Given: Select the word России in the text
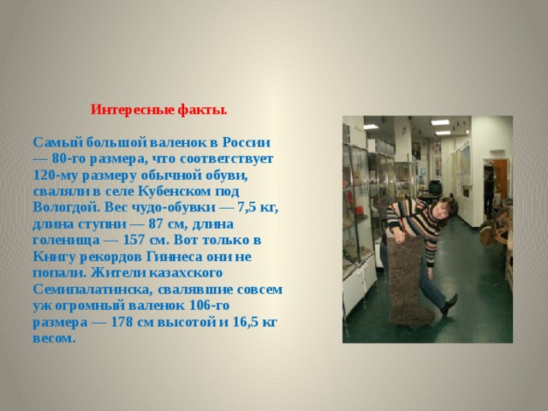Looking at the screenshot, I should pyautogui.click(x=248, y=141).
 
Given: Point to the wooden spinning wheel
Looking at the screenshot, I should pyautogui.click(x=505, y=228).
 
